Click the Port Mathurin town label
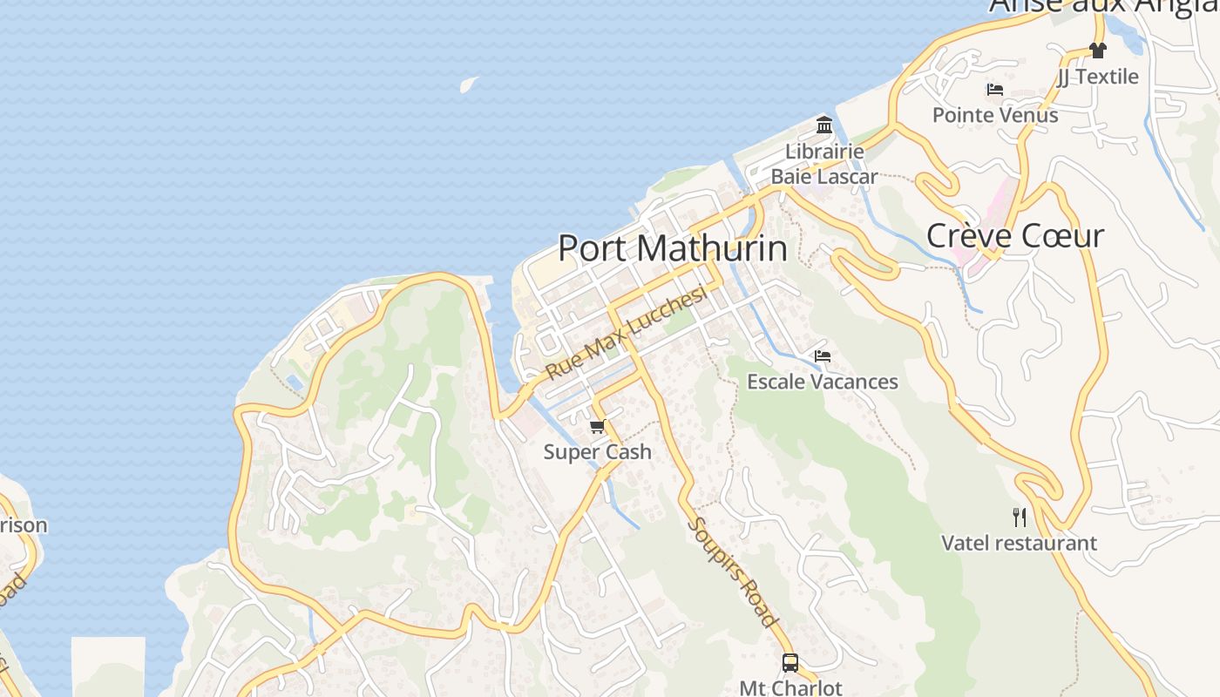pyautogui.click(x=672, y=248)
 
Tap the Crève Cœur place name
pyautogui.click(x=1015, y=236)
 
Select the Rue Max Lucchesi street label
pyautogui.click(x=626, y=334)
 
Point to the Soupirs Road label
pyautogui.click(x=731, y=572)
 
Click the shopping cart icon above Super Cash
pyautogui.click(x=597, y=426)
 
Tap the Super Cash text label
pyautogui.click(x=597, y=452)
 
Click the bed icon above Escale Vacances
pyautogui.click(x=822, y=356)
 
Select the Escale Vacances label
pyautogui.click(x=822, y=382)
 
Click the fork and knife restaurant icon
pyautogui.click(x=1019, y=518)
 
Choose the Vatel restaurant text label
pyautogui.click(x=1019, y=543)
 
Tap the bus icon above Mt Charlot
pyautogui.click(x=790, y=663)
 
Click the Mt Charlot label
pyautogui.click(x=790, y=687)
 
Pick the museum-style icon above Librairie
pyautogui.click(x=824, y=125)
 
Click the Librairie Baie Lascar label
pyautogui.click(x=824, y=164)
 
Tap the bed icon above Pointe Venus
pyautogui.click(x=994, y=90)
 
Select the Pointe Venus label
pyautogui.click(x=994, y=115)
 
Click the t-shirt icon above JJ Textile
pyautogui.click(x=1097, y=51)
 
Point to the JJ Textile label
pyautogui.click(x=1097, y=77)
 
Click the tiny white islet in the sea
pyautogui.click(x=469, y=84)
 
